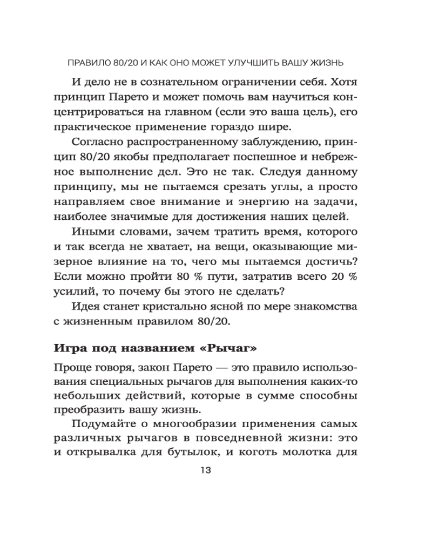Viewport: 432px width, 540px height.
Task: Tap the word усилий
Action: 73,292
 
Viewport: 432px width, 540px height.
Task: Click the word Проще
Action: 72,368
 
